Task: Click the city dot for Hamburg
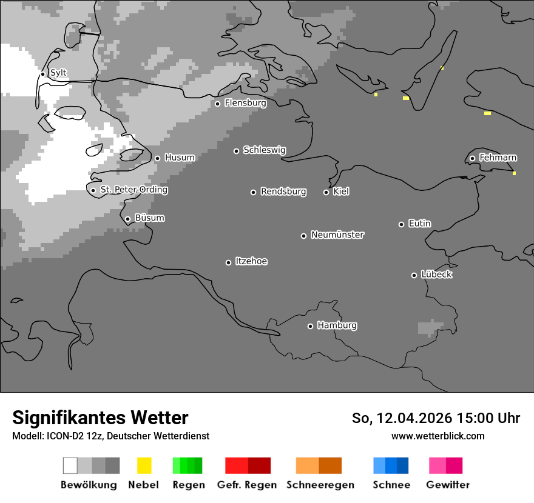click(310, 326)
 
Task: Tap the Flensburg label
click(245, 103)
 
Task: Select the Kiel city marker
click(326, 192)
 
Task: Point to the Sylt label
click(58, 73)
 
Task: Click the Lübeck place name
click(436, 275)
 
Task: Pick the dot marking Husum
click(157, 158)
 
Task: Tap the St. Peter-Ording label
click(133, 190)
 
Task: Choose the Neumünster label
click(337, 235)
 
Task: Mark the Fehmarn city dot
click(472, 159)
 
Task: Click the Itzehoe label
click(251, 261)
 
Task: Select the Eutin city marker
click(401, 224)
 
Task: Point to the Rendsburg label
click(283, 192)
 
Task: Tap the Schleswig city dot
click(236, 151)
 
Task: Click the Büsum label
click(149, 218)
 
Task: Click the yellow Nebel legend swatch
click(144, 465)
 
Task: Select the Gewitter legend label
click(447, 485)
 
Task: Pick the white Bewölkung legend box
click(70, 465)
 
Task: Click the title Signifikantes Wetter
click(100, 418)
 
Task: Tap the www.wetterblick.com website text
click(438, 436)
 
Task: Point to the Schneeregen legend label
click(320, 485)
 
